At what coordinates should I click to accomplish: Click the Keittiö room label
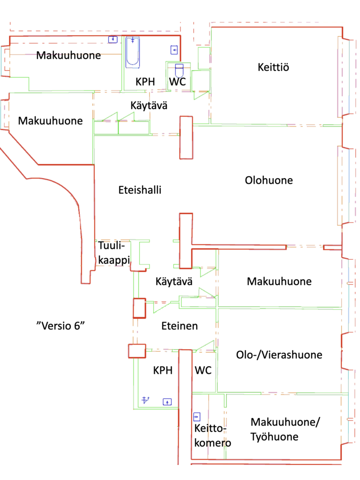(273, 67)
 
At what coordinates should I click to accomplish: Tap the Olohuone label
(269, 180)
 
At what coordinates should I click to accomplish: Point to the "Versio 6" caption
(62, 325)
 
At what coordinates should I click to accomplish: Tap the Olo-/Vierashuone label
(279, 354)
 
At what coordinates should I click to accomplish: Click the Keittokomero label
(210, 435)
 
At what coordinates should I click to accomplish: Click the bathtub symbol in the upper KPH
(133, 51)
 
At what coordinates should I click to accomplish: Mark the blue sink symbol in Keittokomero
(196, 416)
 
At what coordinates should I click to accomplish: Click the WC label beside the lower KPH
(203, 370)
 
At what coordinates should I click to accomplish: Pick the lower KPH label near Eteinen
(163, 370)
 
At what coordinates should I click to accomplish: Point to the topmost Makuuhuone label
(68, 55)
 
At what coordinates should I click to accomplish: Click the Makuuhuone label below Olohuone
(279, 282)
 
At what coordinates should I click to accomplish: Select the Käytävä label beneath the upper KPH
(149, 105)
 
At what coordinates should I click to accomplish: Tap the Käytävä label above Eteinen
(173, 282)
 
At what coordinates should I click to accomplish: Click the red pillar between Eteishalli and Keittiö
(186, 137)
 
